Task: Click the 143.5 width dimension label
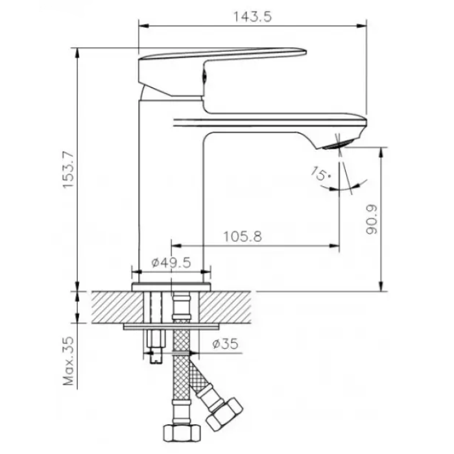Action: (x=252, y=17)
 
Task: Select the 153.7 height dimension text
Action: (x=69, y=170)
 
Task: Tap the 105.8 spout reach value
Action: (x=243, y=237)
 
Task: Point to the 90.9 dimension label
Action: (x=372, y=219)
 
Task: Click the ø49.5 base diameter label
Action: (x=171, y=263)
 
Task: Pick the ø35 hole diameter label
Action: (x=225, y=344)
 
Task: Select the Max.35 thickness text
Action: (x=69, y=361)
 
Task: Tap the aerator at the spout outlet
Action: (x=338, y=143)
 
